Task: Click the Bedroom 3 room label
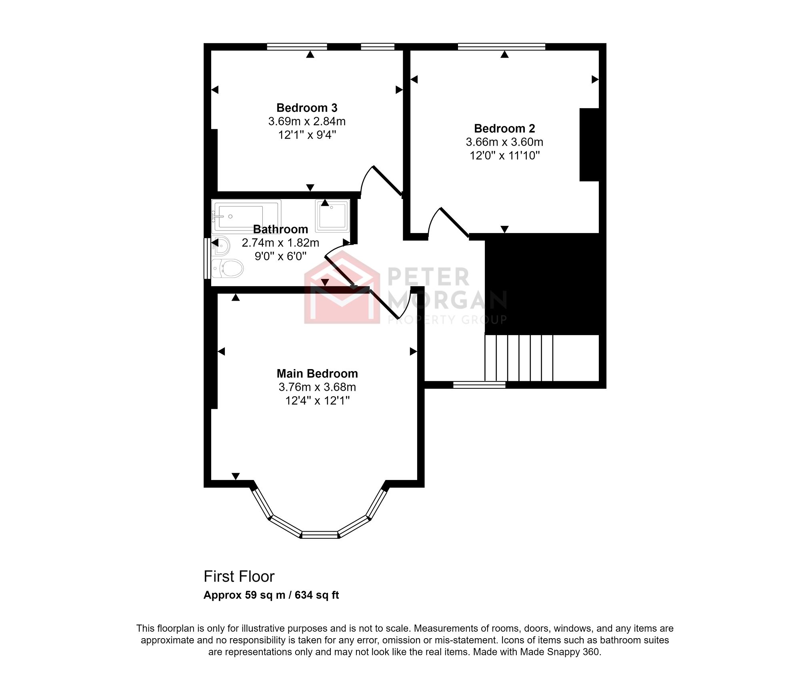click(307, 108)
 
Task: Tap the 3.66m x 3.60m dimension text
click(504, 142)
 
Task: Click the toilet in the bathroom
click(228, 268)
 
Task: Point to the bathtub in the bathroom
click(246, 216)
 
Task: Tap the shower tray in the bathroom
click(332, 216)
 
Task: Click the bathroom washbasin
click(221, 245)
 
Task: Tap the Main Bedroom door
click(384, 305)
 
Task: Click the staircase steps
click(519, 358)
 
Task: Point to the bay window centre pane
click(320, 534)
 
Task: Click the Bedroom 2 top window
click(501, 47)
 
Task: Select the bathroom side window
click(207, 259)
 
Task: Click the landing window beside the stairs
click(479, 385)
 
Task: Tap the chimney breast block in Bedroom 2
click(589, 145)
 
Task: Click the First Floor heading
click(239, 577)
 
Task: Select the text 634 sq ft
click(316, 595)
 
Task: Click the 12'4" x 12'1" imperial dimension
click(317, 400)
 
